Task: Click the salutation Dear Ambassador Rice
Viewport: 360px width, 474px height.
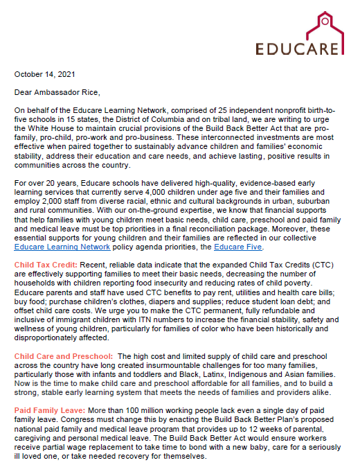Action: coord(58,91)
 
